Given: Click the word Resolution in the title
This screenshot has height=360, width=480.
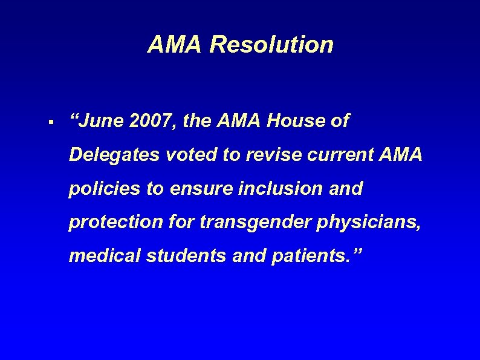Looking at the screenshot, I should [271, 44].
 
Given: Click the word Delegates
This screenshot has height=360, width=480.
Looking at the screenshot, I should [112, 155].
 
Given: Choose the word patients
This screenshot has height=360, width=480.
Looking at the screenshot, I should [312, 256].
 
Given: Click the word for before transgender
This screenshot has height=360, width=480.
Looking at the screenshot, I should [181, 222].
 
